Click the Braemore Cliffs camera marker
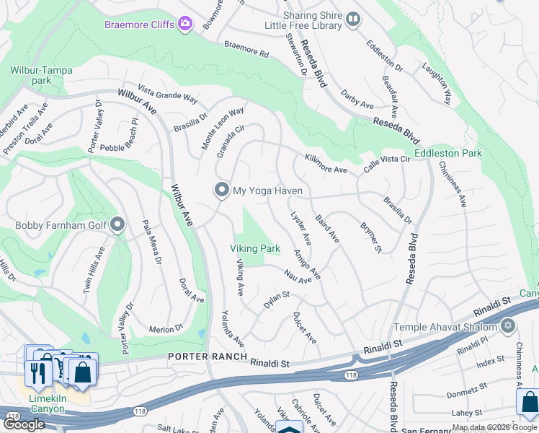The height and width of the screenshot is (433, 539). tap(186, 25)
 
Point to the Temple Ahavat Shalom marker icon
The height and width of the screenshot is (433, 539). tap(509, 327)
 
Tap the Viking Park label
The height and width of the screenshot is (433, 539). tap(254, 248)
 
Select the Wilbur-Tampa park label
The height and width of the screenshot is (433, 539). tap(40, 75)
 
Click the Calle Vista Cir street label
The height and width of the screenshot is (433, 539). tap(386, 164)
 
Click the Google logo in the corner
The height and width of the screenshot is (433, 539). tap(24, 424)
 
